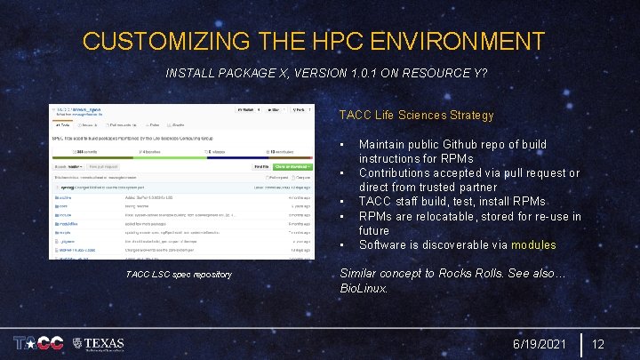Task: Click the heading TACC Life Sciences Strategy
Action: coord(416,115)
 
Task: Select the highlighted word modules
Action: coord(533,244)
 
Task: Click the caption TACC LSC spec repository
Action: coord(179,275)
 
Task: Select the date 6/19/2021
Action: coord(540,343)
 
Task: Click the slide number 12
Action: coord(598,343)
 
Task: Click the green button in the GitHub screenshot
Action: coord(292,166)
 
